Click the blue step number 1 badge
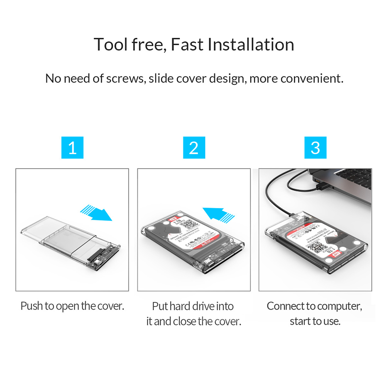click(x=72, y=147)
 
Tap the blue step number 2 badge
click(x=194, y=147)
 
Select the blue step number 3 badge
click(x=315, y=147)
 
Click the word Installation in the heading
click(x=251, y=44)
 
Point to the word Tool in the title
click(x=110, y=44)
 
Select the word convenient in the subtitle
click(x=312, y=78)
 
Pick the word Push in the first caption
click(x=32, y=306)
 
